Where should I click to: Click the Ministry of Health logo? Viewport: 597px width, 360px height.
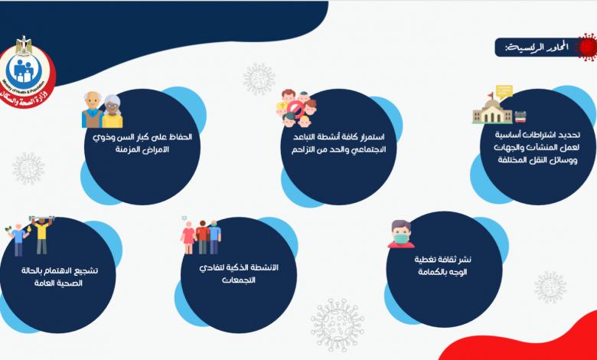click(28, 72)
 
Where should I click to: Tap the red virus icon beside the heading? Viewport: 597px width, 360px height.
click(586, 47)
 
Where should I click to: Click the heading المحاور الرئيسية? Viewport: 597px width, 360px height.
click(537, 47)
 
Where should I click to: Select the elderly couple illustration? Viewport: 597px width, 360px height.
click(103, 110)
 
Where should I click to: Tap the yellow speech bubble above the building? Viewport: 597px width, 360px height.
click(504, 92)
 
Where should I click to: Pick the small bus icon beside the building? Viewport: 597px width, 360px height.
click(520, 116)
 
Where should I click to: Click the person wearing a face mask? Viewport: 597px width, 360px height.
click(401, 234)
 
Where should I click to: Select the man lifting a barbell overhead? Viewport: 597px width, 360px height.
click(42, 235)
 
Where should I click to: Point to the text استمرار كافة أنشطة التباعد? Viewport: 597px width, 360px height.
click(339, 137)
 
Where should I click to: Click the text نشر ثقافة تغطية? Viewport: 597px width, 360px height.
click(443, 260)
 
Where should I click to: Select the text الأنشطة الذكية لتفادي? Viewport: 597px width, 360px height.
click(239, 268)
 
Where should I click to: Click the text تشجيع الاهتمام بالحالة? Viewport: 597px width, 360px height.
click(60, 271)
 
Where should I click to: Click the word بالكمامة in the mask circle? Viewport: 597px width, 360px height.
click(432, 273)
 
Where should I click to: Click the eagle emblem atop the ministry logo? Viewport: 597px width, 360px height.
click(24, 44)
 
